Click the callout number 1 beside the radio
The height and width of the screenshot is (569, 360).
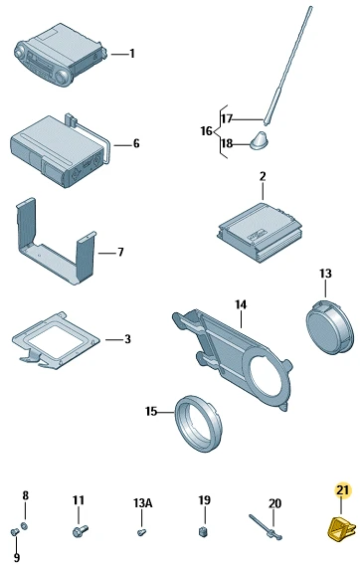click(x=132, y=54)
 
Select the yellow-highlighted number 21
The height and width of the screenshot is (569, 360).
click(x=342, y=490)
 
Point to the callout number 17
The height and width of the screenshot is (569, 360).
click(x=227, y=118)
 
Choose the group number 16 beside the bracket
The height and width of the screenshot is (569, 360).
click(x=207, y=130)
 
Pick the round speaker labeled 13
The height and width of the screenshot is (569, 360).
click(x=329, y=326)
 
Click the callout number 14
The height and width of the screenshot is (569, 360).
click(x=241, y=304)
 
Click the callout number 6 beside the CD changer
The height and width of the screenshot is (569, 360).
click(x=136, y=143)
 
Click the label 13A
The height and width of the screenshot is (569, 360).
click(x=142, y=503)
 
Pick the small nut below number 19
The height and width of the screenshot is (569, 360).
click(x=204, y=531)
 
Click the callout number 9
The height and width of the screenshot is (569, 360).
click(x=17, y=557)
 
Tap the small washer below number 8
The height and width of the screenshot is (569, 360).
click(x=24, y=525)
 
